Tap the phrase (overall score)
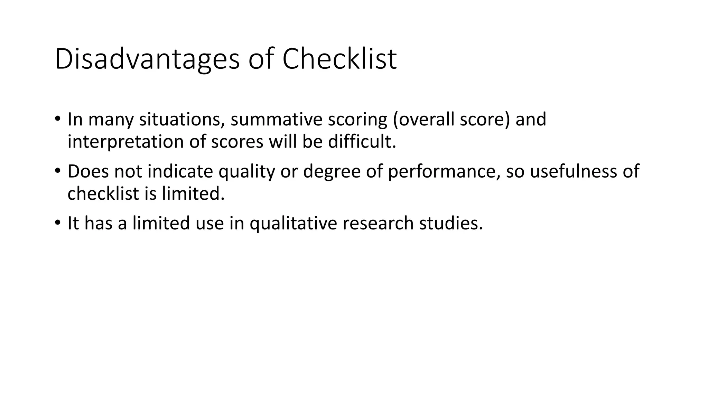pyautogui.click(x=451, y=120)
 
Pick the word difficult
pyautogui.click(x=362, y=142)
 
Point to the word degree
pyautogui.click(x=332, y=172)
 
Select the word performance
pyautogui.click(x=444, y=172)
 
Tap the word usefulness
pyautogui.click(x=573, y=171)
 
